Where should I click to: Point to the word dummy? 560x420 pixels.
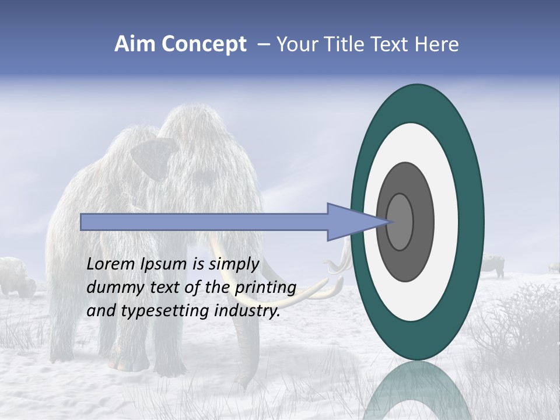[x=111, y=288]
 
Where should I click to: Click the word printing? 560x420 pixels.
[x=265, y=288]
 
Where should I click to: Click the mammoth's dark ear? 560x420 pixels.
[x=153, y=157]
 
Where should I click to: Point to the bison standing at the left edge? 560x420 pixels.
[x=16, y=277]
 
